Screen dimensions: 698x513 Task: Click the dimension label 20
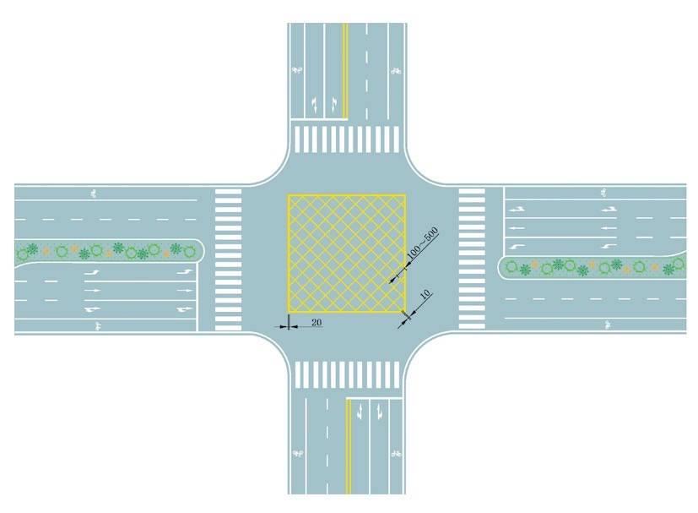pos(317,322)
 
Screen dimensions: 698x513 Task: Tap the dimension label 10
pos(425,294)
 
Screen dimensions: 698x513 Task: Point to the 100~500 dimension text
pos(423,243)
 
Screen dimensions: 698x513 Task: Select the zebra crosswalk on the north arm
pos(347,139)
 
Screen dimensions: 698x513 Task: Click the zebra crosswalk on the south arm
pos(347,375)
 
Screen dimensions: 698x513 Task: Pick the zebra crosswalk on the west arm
pos(229,259)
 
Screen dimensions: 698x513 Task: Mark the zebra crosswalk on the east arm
pos(472,259)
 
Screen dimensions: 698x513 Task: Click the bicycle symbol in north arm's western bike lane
pos(297,70)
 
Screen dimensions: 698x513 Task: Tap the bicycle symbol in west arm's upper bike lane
pos(94,194)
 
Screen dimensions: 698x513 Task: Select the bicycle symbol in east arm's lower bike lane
pos(608,325)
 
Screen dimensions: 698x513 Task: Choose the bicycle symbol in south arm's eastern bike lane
pos(396,454)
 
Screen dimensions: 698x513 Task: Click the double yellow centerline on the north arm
pos(345,71)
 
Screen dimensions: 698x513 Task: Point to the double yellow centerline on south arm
pos(349,446)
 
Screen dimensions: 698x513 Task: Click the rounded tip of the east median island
pos(499,267)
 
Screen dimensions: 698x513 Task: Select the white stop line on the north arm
pos(319,119)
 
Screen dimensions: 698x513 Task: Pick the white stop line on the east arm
pos(504,221)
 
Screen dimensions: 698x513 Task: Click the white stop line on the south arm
pos(375,398)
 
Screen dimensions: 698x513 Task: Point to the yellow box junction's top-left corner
pos(289,195)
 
